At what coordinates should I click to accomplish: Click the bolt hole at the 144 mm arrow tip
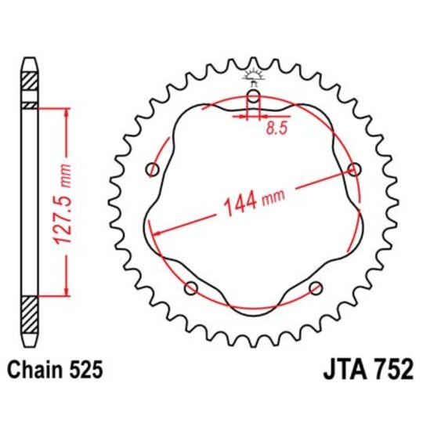[x=354, y=169]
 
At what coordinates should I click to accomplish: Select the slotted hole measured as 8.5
[x=253, y=101]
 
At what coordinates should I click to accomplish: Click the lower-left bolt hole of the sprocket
[x=190, y=288]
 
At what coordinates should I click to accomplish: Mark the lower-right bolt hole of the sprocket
[x=316, y=287]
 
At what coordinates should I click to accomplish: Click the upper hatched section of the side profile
[x=29, y=81]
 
